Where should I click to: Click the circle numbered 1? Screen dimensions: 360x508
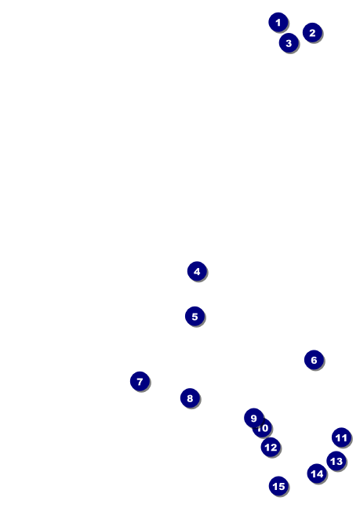278,23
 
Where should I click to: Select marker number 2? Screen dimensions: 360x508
312,32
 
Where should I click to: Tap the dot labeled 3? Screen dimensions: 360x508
289,43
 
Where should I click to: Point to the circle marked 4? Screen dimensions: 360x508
197,271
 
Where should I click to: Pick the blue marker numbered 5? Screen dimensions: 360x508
195,316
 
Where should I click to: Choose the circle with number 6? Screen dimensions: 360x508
314,360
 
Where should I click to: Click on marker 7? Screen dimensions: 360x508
140,381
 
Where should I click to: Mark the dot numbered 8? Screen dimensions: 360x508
191,397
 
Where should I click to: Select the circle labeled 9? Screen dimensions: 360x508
253,418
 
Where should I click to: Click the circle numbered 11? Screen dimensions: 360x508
341,437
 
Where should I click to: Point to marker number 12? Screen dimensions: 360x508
271,447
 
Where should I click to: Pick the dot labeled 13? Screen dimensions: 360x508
336,461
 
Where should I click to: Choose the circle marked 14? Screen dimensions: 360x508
317,474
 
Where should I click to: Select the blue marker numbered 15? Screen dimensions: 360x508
278,486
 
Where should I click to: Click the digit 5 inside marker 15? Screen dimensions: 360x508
282,486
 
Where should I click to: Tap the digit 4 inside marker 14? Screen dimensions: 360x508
320,474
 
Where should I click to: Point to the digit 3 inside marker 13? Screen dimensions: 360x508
340,461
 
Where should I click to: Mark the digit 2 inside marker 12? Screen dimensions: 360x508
274,448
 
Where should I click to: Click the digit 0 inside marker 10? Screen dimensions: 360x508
265,428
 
